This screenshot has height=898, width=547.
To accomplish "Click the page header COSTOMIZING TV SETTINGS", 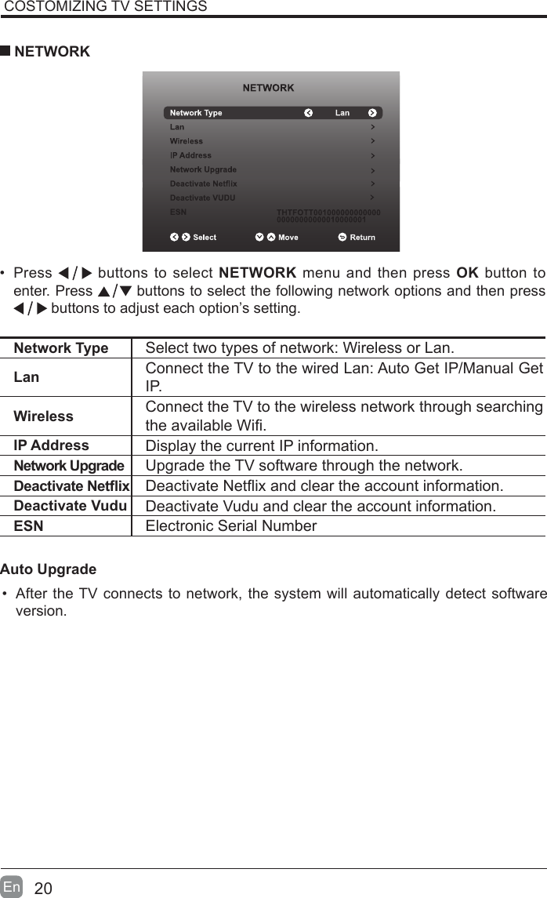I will (x=106, y=7).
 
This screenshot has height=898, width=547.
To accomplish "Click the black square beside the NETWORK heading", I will (x=5, y=52).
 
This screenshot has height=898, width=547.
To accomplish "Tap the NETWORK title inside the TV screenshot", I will (x=269, y=88).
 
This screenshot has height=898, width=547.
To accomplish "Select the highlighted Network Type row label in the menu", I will (x=196, y=113).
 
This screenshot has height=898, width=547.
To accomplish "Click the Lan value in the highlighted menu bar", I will (x=342, y=113).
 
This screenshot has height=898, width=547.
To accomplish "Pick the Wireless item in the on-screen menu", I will (x=187, y=141).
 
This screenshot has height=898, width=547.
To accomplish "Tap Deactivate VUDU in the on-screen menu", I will (x=202, y=198).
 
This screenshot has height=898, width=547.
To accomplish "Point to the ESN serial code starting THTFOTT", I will (x=329, y=216).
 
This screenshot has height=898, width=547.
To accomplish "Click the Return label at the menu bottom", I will (x=362, y=238).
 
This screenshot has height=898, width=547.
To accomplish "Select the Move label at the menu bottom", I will (x=288, y=238).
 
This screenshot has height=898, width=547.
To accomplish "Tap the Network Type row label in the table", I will (x=61, y=348).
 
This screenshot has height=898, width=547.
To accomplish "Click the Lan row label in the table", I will (x=27, y=377).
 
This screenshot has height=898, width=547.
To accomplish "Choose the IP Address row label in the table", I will (x=52, y=445).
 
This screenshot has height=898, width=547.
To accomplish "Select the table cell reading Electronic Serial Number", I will (x=231, y=525).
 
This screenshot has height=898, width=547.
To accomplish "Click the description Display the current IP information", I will (x=262, y=446).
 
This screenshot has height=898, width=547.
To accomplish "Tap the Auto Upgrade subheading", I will (x=49, y=569).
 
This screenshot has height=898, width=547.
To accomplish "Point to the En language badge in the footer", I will (x=12, y=887).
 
